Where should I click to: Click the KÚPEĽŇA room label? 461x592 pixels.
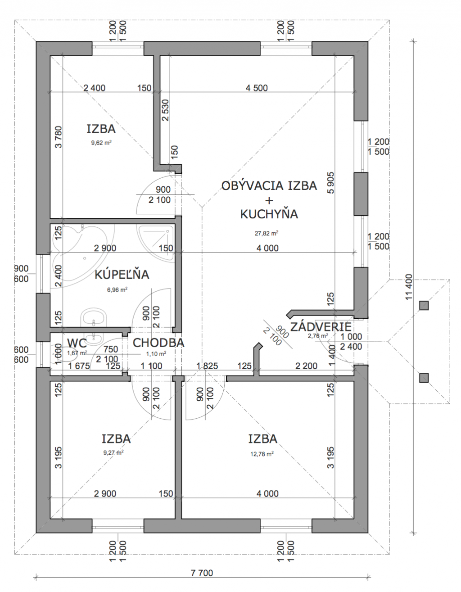click(x=122, y=275)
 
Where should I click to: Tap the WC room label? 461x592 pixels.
click(x=77, y=343)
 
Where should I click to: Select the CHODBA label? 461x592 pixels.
click(x=158, y=343)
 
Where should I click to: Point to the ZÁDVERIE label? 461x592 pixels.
click(x=321, y=327)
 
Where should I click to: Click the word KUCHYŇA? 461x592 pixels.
click(x=269, y=214)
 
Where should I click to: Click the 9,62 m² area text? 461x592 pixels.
click(x=101, y=143)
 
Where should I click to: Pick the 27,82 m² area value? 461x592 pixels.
click(x=267, y=233)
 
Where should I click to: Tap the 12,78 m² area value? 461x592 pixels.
click(x=262, y=454)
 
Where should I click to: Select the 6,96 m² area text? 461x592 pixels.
click(x=117, y=289)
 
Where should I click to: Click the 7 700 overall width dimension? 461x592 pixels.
click(x=202, y=573)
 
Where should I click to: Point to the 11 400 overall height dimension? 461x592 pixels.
click(x=409, y=287)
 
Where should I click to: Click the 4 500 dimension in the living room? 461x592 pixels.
click(x=257, y=88)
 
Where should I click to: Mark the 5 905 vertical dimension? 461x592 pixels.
click(x=330, y=182)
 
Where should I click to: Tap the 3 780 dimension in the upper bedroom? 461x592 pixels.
click(x=59, y=137)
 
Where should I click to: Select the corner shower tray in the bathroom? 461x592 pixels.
click(x=156, y=243)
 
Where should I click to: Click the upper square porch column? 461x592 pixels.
click(x=424, y=306)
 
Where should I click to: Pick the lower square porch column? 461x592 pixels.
click(x=424, y=378)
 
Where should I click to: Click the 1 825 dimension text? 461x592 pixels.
click(x=208, y=366)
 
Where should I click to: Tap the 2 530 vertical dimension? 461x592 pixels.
click(x=165, y=110)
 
